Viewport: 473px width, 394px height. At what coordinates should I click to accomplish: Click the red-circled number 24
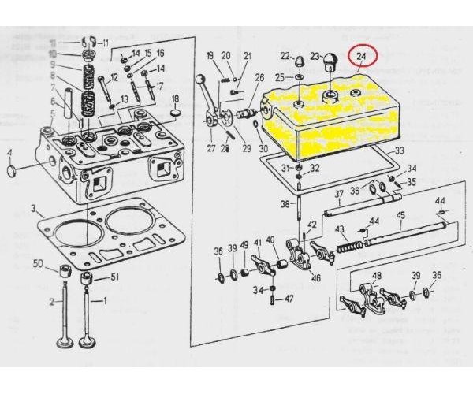[x=362, y=58]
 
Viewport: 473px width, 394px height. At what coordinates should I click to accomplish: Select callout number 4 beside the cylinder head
[x=10, y=153]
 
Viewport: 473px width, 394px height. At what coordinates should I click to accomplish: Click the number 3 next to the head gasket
[x=34, y=209]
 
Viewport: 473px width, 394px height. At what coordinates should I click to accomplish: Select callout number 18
[x=176, y=98]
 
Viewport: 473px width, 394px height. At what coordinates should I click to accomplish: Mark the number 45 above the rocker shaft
[x=400, y=215]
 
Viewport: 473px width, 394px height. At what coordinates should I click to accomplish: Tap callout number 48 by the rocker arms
[x=375, y=275]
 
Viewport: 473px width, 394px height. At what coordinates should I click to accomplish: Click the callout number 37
[x=338, y=193]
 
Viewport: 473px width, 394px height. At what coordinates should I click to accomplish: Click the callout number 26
[x=259, y=77]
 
